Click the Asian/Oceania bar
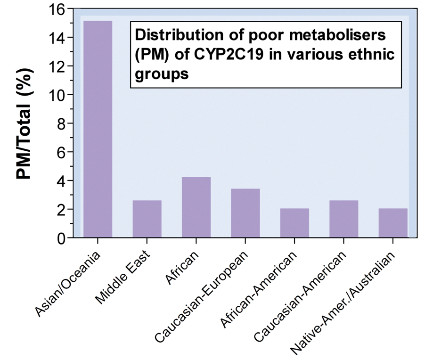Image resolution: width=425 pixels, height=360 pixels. (x=98, y=129)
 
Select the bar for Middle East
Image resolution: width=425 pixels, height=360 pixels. (x=147, y=219)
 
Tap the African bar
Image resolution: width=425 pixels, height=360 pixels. (x=196, y=207)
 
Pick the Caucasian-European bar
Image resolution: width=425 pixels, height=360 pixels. (x=245, y=213)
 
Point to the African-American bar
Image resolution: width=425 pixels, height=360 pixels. (x=294, y=223)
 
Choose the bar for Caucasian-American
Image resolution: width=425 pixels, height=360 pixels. (x=343, y=219)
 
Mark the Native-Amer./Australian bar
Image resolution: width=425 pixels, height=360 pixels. (x=393, y=223)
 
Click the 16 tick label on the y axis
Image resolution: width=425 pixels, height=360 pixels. (x=55, y=8)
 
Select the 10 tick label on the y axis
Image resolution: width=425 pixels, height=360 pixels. (x=55, y=95)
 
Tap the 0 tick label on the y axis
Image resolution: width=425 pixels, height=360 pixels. (x=60, y=238)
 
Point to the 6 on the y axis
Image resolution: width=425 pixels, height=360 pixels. (x=60, y=152)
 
